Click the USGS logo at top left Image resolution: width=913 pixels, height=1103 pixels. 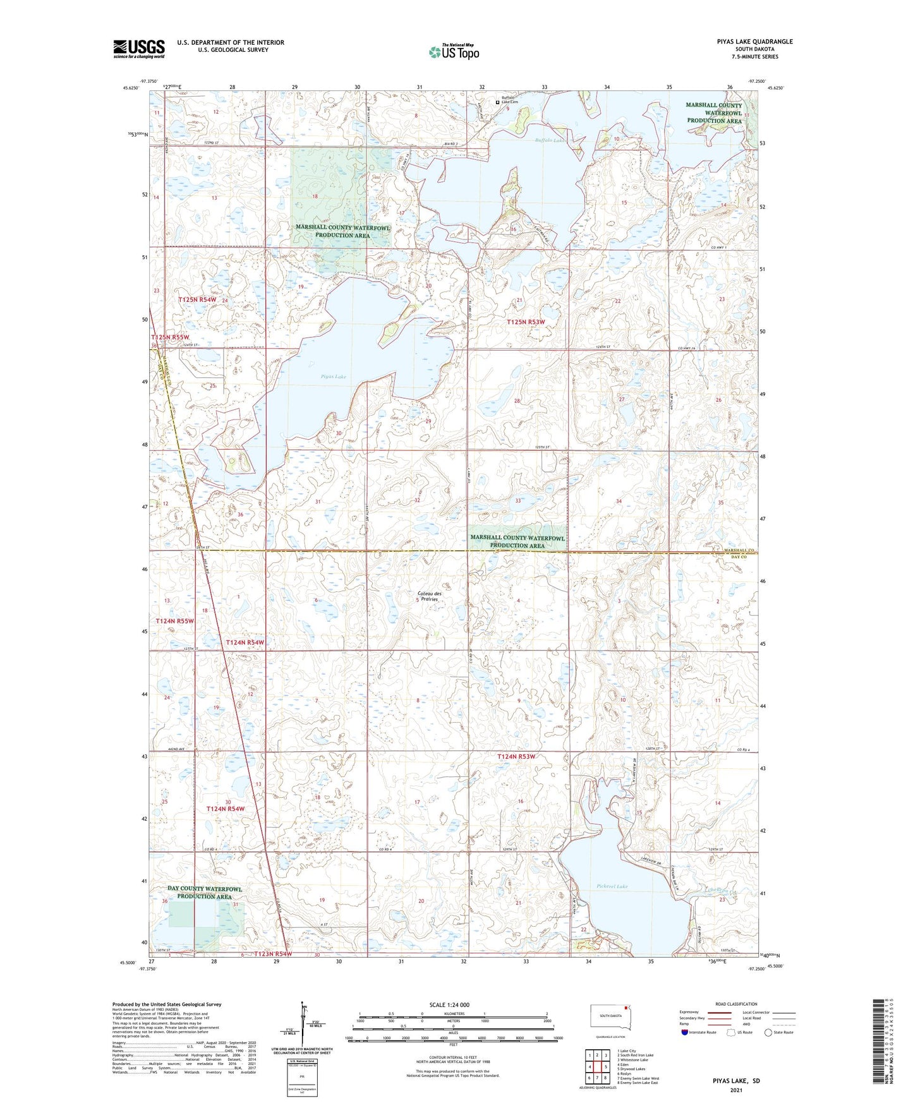click(x=139, y=48)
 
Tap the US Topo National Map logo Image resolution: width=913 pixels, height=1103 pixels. click(x=453, y=52)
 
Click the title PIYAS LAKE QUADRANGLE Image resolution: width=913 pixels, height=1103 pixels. click(x=750, y=42)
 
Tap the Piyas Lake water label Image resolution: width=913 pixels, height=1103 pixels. click(x=333, y=377)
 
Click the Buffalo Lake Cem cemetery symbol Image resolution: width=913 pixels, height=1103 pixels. click(x=497, y=102)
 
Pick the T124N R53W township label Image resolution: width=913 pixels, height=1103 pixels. click(x=516, y=756)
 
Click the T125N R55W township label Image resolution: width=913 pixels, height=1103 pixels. click(x=170, y=337)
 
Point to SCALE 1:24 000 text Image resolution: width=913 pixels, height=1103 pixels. click(x=449, y=1004)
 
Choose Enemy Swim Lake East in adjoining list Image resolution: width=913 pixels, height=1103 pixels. click(x=638, y=1082)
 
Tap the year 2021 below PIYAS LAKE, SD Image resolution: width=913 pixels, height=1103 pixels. click(x=735, y=1090)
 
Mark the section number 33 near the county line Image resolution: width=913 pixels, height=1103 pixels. click(x=518, y=500)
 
